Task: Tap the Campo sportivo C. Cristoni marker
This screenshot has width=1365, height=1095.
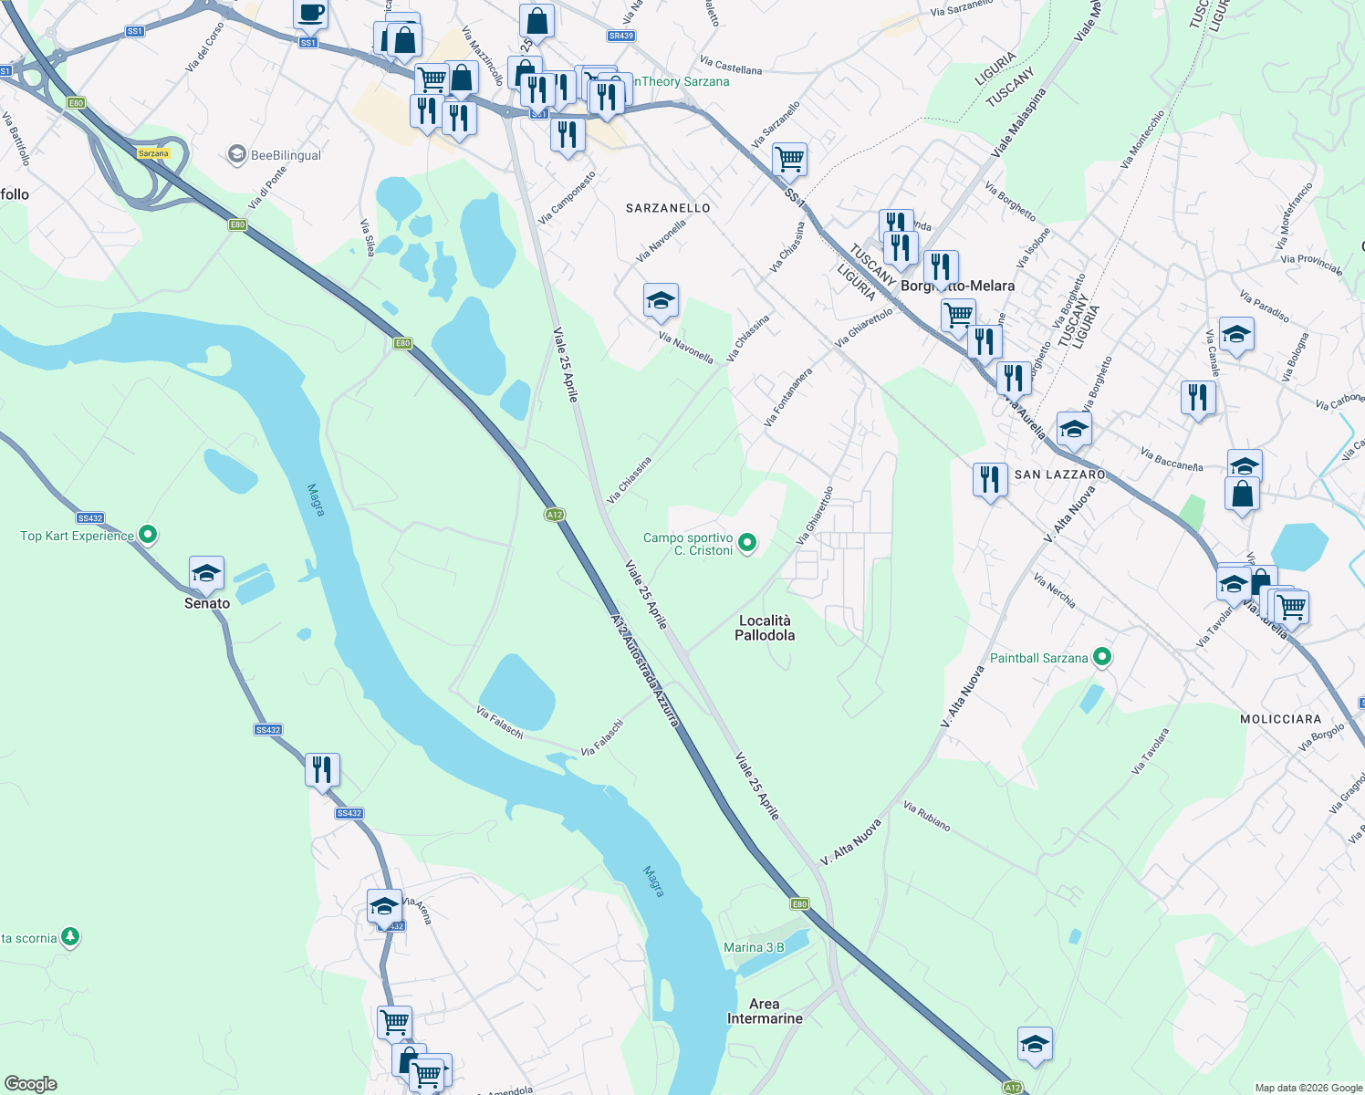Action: click(x=747, y=544)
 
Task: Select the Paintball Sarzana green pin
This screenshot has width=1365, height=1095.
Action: click(x=1102, y=657)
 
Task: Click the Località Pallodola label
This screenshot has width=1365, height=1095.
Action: click(x=765, y=628)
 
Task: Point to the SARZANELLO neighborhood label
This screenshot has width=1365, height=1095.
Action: click(x=668, y=208)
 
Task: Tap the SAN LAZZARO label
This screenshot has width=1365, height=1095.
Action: click(x=1060, y=474)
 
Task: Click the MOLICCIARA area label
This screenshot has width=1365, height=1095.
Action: click(x=1280, y=719)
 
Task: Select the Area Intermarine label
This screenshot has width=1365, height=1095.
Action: click(x=765, y=1011)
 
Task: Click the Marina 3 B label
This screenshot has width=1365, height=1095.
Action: click(x=754, y=947)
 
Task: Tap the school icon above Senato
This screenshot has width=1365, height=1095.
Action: click(x=206, y=574)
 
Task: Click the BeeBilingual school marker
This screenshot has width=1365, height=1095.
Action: click(x=237, y=154)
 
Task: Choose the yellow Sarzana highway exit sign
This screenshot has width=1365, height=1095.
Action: click(x=153, y=153)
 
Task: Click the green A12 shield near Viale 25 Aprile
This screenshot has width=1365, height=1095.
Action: click(x=554, y=515)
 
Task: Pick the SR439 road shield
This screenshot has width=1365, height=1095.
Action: click(x=620, y=36)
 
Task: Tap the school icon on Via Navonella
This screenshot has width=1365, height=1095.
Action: click(x=661, y=300)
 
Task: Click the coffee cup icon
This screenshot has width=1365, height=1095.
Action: click(x=310, y=13)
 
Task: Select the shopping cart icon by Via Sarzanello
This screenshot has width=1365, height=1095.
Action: click(x=789, y=159)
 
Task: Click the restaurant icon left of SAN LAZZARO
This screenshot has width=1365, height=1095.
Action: click(x=990, y=478)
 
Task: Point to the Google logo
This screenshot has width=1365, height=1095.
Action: click(x=31, y=1084)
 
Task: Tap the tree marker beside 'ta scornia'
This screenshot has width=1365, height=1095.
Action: click(x=70, y=937)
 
